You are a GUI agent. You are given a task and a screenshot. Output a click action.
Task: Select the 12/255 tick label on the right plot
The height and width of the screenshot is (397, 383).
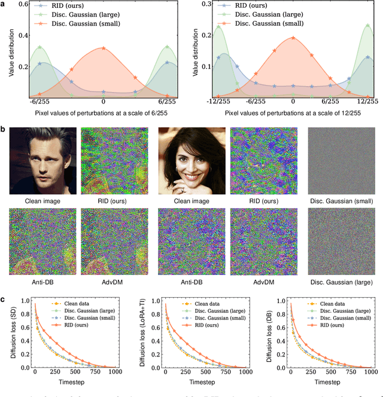pos(367,102)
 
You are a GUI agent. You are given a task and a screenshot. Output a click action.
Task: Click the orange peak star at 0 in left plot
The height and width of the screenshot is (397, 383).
pos(104,48)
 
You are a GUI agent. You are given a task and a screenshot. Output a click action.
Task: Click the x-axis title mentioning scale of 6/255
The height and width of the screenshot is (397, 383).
pos(104,112)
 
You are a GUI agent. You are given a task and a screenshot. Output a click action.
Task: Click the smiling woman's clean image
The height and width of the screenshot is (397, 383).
pos(192,162)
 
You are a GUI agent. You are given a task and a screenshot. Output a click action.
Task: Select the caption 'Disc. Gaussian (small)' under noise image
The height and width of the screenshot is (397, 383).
pos(341,201)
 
